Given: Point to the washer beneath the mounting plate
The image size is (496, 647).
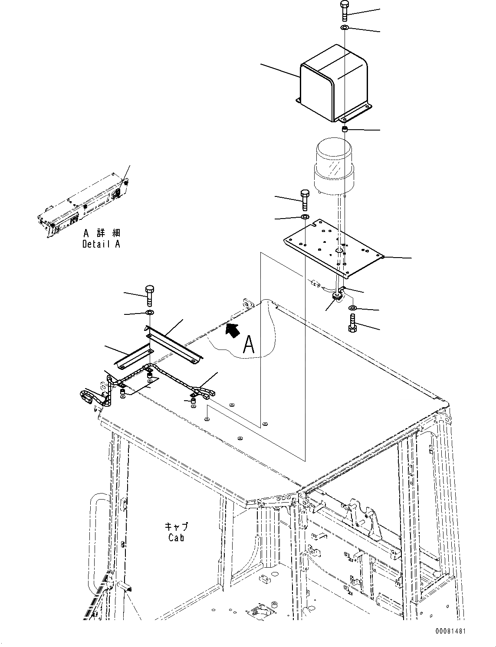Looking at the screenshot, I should point(352,308).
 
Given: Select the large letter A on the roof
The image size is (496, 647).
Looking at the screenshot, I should point(249,344).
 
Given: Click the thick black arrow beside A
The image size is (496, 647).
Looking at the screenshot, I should point(233,330).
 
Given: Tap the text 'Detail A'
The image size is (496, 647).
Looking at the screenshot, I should point(101,244).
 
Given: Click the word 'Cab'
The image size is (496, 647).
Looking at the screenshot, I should point(177,537).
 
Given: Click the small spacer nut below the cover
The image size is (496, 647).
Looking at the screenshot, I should point(345,129).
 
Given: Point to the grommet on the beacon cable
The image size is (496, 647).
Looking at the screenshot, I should point(337,296).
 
